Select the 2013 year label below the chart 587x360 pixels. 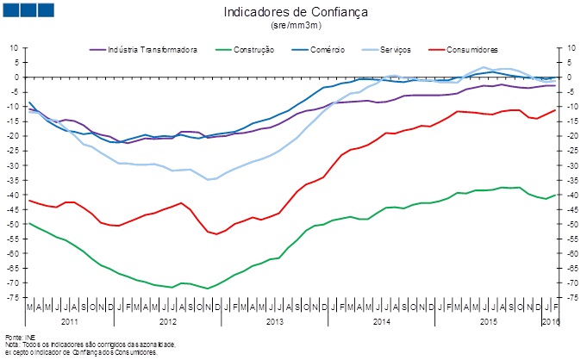pos(273,320)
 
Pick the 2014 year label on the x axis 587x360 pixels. pos(381,320)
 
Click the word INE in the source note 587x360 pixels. pos(30,336)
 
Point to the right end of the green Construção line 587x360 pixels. pos(554,195)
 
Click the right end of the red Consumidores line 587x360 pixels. pos(554,109)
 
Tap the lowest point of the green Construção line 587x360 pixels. pos(207,289)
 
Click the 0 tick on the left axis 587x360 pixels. pos(16,77)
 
